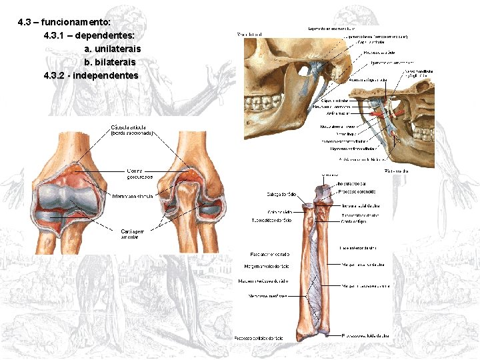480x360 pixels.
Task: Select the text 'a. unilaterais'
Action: pyautogui.click(x=112, y=49)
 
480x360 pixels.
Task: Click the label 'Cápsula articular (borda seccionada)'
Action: pyautogui.click(x=132, y=130)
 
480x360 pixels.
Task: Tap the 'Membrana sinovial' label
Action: pyautogui.click(x=133, y=197)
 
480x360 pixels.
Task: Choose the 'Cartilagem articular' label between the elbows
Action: pyautogui.click(x=134, y=234)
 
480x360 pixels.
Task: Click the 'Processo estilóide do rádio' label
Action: pyautogui.click(x=258, y=339)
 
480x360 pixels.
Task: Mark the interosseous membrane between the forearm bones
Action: pyautogui.click(x=313, y=280)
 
